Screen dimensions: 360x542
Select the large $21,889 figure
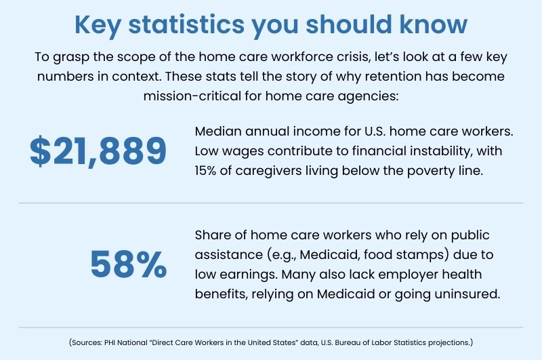pos(98,151)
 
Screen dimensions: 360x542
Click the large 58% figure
pos(129,265)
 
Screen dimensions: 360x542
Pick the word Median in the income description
pos(217,131)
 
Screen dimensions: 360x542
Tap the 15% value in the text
pos(208,170)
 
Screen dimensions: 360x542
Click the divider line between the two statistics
pos(271,203)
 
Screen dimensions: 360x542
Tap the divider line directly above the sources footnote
pos(271,327)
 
